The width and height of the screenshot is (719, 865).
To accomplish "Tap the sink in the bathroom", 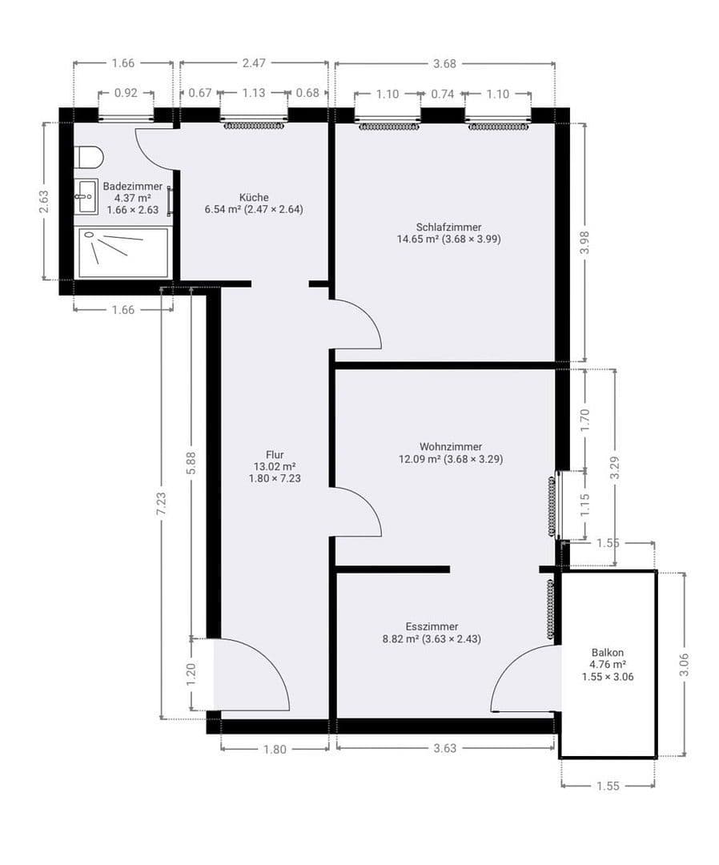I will (86, 196).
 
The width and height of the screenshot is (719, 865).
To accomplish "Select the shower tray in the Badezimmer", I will (123, 252).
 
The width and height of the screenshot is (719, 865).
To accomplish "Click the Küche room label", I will (254, 197).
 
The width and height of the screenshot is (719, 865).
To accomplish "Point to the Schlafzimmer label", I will (448, 227).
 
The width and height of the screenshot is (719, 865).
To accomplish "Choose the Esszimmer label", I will (432, 626).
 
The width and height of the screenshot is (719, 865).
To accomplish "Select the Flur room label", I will (275, 455).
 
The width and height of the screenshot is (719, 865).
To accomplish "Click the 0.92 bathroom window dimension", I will (126, 93).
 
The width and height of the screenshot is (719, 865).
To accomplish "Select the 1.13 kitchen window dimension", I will (253, 93).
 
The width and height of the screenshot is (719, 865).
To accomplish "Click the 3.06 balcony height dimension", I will (684, 664).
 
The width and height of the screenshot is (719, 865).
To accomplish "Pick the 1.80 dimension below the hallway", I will (274, 750).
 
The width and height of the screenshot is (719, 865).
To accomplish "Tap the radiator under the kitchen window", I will (253, 126).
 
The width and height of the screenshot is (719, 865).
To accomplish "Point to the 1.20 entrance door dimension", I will (191, 674).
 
